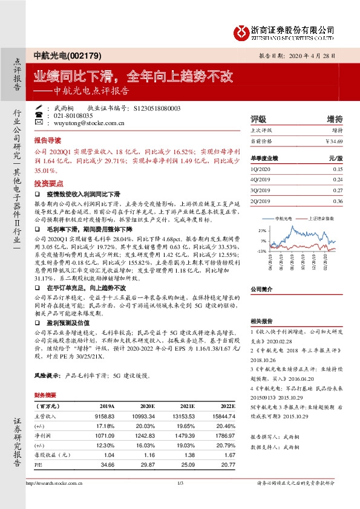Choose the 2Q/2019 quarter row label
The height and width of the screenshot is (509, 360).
[259, 201]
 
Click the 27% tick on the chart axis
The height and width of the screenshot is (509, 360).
[262, 231]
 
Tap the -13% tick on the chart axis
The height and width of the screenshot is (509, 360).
[262, 250]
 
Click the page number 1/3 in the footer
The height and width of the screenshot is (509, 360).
[180, 483]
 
